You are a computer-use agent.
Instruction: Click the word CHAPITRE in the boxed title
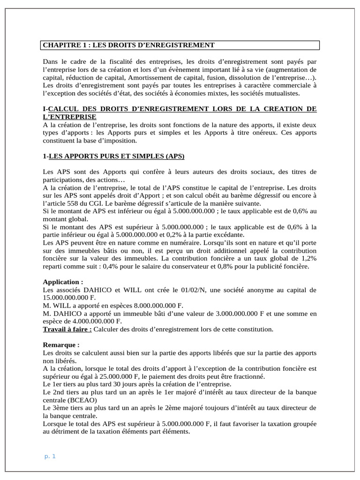click(61, 45)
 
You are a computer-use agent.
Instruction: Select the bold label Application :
click(63, 282)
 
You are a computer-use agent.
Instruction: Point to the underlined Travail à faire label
click(67, 329)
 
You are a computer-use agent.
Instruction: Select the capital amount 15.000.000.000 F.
click(68, 298)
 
